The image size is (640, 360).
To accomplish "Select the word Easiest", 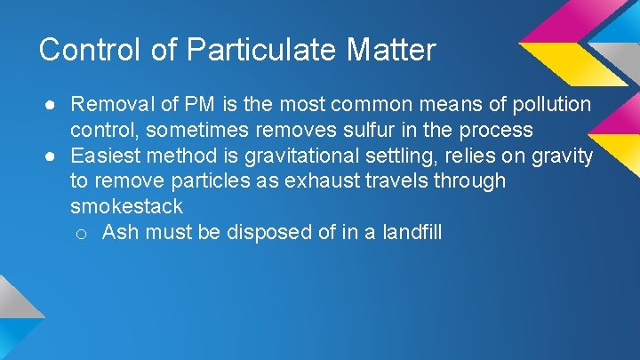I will click(x=104, y=156).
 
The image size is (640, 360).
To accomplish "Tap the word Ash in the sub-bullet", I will click(x=119, y=233).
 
